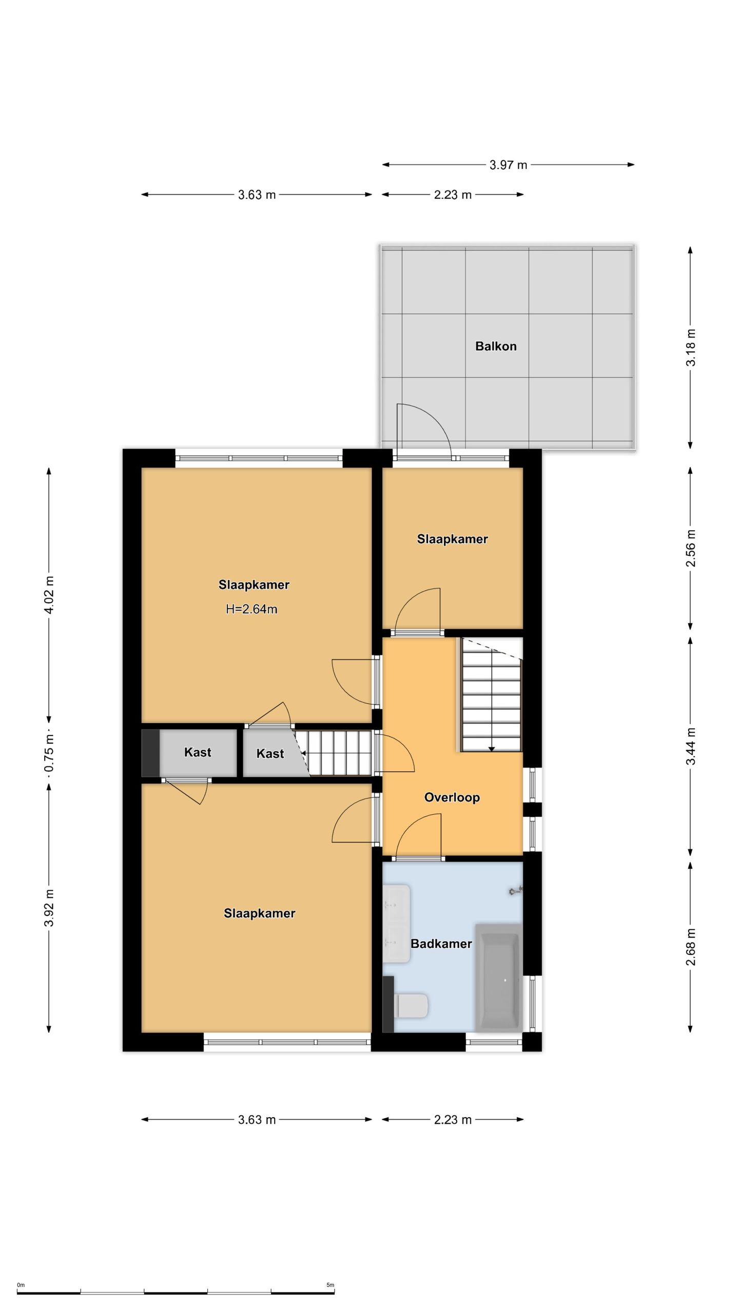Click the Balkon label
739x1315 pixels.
(x=495, y=346)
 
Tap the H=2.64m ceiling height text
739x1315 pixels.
(x=251, y=609)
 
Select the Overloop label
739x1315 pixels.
(x=452, y=797)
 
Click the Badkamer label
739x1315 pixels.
(x=441, y=944)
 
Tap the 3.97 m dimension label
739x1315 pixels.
(x=508, y=165)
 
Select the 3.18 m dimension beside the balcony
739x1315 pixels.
(x=691, y=347)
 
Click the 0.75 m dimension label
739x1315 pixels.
(x=49, y=753)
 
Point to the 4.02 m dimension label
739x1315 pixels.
(x=49, y=595)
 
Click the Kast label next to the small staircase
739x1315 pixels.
(x=270, y=754)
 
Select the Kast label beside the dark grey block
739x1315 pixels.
(x=198, y=753)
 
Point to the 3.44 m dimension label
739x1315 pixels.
(x=691, y=746)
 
